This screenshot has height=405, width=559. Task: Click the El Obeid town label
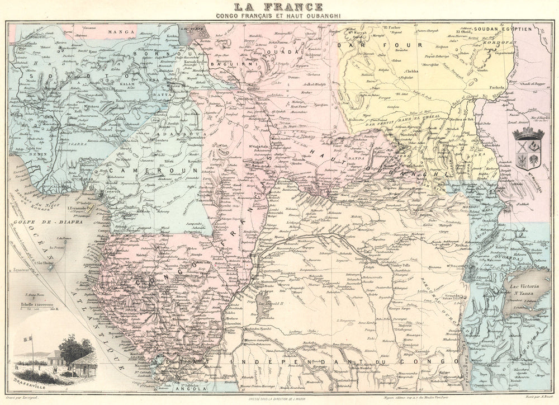tap(464, 32)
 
